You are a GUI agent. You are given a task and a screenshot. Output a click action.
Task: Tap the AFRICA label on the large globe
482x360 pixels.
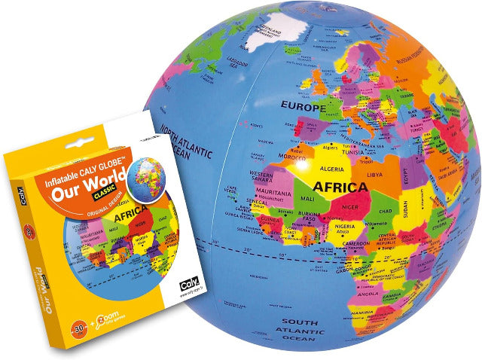340,186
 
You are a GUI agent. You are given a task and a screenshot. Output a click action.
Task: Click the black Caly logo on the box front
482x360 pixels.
185,284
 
